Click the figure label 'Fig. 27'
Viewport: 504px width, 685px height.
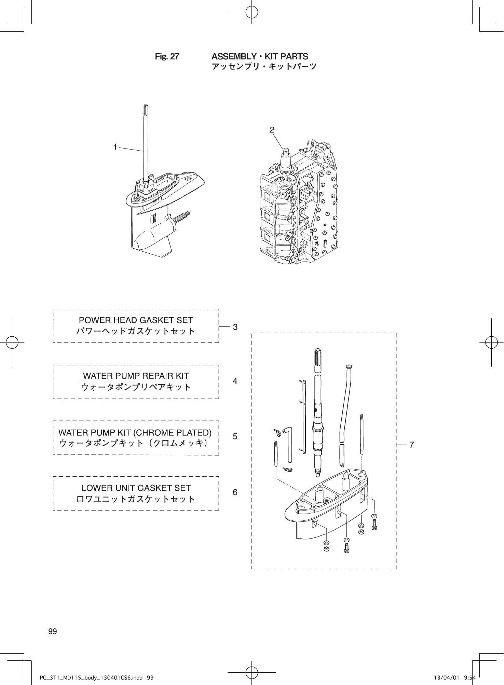pyautogui.click(x=167, y=57)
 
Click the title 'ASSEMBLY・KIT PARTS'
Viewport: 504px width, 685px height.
pyautogui.click(x=260, y=56)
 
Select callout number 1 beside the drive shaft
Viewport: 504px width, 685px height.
pyautogui.click(x=115, y=147)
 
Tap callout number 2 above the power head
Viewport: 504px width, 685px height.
pyautogui.click(x=272, y=130)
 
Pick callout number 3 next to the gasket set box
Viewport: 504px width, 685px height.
pyautogui.click(x=235, y=327)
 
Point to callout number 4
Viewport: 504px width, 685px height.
pyautogui.click(x=235, y=380)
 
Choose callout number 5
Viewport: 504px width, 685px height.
pyautogui.click(x=235, y=436)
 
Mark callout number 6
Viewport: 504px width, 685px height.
pyautogui.click(x=235, y=492)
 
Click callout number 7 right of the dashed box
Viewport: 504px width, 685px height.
pyautogui.click(x=412, y=445)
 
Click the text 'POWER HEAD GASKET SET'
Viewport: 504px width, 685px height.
pyautogui.click(x=136, y=320)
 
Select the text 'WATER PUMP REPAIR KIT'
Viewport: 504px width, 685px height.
pyautogui.click(x=136, y=376)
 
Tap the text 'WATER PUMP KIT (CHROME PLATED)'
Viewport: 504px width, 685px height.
pyautogui.click(x=135, y=433)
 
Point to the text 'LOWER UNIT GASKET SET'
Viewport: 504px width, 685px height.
pyautogui.click(x=136, y=488)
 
